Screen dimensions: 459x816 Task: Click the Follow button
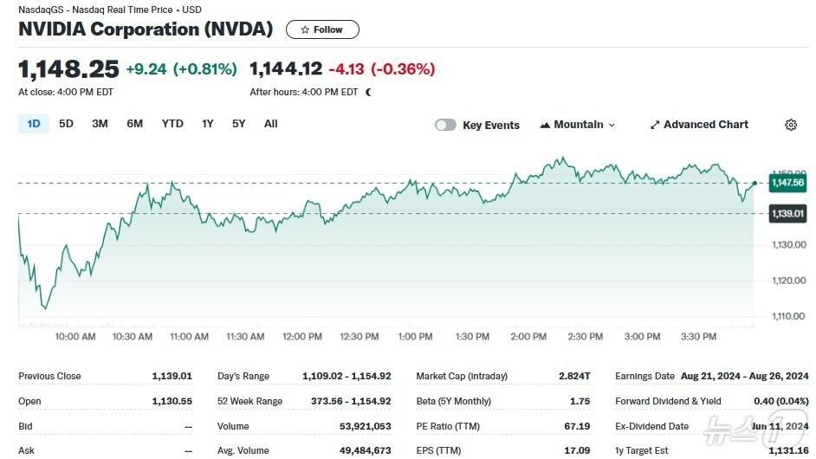coord(322,29)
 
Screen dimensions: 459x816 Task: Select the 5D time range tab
coord(66,124)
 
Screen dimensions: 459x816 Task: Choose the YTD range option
coord(172,124)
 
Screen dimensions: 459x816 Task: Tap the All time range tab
coord(270,124)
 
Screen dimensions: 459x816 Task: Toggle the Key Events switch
coord(445,125)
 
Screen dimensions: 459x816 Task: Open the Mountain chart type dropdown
coord(577,125)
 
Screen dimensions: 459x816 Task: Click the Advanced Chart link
coord(699,125)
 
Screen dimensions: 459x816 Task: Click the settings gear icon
coord(791,125)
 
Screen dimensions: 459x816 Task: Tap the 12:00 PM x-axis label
coord(302,337)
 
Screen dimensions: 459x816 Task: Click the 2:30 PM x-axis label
coord(586,337)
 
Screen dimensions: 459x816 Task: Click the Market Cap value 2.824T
coord(574,376)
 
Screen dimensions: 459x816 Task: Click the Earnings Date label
coord(644,376)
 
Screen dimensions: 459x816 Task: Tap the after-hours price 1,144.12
coord(286,68)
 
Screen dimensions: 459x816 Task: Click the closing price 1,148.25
coord(68,68)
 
